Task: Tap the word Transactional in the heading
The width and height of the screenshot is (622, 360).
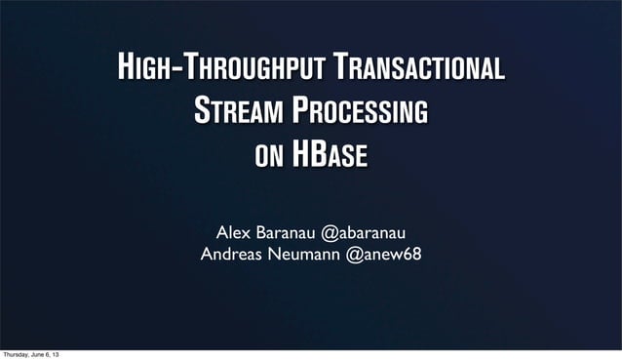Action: point(419,68)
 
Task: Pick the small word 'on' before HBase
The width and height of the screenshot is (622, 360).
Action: point(269,156)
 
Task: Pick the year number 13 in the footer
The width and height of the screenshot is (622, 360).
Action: point(66,354)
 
